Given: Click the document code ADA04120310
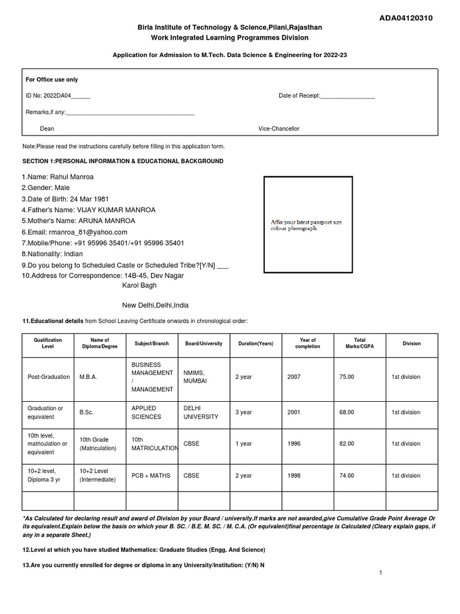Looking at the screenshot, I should pos(405,18).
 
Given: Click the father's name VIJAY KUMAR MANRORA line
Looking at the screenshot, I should pos(89,210).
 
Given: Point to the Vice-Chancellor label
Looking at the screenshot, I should pos(279,129).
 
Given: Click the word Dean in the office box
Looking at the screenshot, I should pos(47,129).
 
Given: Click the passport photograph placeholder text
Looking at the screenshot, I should pos(306,225).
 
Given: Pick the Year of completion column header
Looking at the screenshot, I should pos(308,344).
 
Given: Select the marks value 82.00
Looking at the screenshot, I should pos(346,444).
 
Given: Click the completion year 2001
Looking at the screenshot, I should pos(295,413).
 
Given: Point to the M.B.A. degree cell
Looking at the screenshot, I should pos(88,377).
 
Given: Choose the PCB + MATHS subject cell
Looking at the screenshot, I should pos(151,475).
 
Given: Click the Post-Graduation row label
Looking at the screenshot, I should pos(48,377).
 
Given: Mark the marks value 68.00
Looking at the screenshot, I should pos(346,413).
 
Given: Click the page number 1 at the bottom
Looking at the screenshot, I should pos(380,573).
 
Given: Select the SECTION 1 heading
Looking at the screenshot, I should pos(123,161).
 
